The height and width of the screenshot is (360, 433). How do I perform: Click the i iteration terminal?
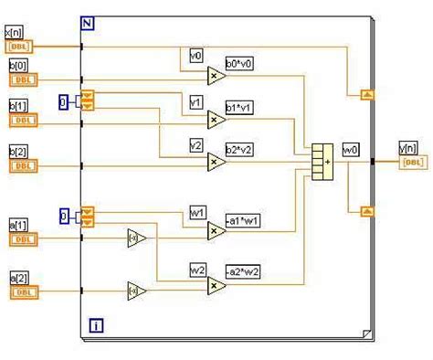[x=96, y=324]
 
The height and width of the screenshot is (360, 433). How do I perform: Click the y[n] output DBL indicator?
[x=412, y=163]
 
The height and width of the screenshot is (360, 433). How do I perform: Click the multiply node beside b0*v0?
[x=216, y=76]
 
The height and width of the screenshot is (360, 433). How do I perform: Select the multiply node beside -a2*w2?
[x=216, y=287]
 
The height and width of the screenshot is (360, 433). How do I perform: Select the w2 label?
[x=197, y=269]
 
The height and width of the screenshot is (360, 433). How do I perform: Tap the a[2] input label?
[x=18, y=276]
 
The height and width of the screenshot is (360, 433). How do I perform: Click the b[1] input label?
[x=18, y=105]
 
